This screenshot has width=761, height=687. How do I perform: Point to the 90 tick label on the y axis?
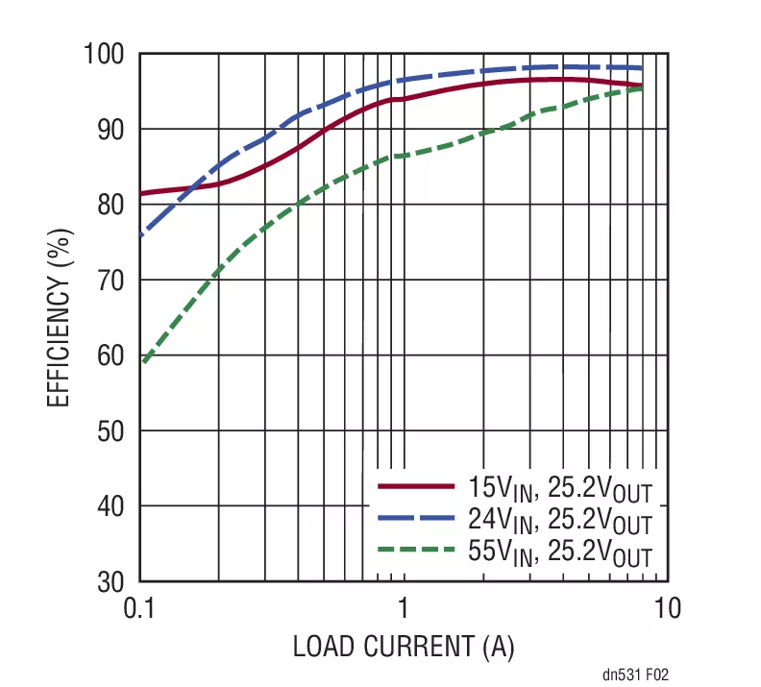pos(111,129)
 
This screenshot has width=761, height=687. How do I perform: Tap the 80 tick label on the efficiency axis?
pos(111,204)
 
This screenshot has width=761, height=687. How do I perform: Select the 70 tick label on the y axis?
pos(111,280)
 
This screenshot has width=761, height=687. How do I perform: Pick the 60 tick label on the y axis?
pos(111,356)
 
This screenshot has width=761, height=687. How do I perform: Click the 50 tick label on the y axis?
pos(111,430)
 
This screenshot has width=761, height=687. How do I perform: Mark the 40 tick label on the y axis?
pos(111,506)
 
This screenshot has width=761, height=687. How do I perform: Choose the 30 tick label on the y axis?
pos(111,581)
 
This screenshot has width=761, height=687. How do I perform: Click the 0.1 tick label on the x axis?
pos(140,608)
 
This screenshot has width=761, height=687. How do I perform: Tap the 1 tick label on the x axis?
pos(404,608)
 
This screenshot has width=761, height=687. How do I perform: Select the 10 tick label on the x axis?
pos(668,608)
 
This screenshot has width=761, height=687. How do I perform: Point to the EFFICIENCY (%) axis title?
pos(60,316)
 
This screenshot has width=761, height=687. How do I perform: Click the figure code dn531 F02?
pos(635,675)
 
